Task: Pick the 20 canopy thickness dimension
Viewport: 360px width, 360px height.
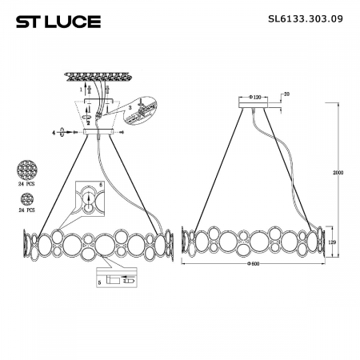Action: (286, 95)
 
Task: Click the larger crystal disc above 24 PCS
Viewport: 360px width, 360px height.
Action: (26, 170)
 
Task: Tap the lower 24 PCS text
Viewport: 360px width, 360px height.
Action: (26, 210)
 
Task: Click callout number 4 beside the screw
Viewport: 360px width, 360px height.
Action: (54, 131)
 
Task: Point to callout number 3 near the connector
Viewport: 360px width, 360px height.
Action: (129, 105)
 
